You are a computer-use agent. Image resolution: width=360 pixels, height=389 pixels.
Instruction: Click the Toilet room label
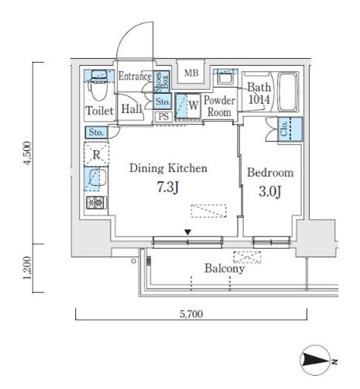pos(99,111)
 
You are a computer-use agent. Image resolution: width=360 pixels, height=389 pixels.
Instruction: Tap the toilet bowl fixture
pos(98,87)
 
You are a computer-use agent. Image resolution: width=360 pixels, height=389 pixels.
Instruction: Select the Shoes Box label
pos(161,81)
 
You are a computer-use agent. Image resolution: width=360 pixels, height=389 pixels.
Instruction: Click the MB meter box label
pos(191,73)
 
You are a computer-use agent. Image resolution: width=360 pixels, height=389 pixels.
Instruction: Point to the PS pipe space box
pos(163,117)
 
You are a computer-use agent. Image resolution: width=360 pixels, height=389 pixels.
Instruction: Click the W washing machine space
pos(187,106)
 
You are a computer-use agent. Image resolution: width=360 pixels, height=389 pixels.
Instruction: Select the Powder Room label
pos(219,106)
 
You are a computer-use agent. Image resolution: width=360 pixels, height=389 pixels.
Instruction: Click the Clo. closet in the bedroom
pos(290,129)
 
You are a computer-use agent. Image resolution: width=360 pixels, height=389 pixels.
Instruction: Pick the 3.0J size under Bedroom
pos(269,191)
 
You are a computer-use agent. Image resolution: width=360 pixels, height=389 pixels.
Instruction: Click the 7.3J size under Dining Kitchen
pos(168,188)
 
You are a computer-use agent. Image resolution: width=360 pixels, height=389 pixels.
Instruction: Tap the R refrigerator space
pos(96,154)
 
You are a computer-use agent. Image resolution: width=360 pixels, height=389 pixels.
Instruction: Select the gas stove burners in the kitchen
pos(96,203)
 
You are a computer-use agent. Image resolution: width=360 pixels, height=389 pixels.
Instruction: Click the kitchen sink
pos(95,178)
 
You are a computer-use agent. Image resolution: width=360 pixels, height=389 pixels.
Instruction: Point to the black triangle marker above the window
pos(188,232)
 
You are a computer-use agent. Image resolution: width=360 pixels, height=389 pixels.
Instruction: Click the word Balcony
pos(225,269)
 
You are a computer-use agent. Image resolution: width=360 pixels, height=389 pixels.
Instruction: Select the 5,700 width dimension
pos(191,314)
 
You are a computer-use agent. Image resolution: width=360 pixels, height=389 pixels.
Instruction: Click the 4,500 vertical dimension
pos(27,153)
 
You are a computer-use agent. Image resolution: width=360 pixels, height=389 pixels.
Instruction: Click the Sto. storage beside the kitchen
pos(97,133)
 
